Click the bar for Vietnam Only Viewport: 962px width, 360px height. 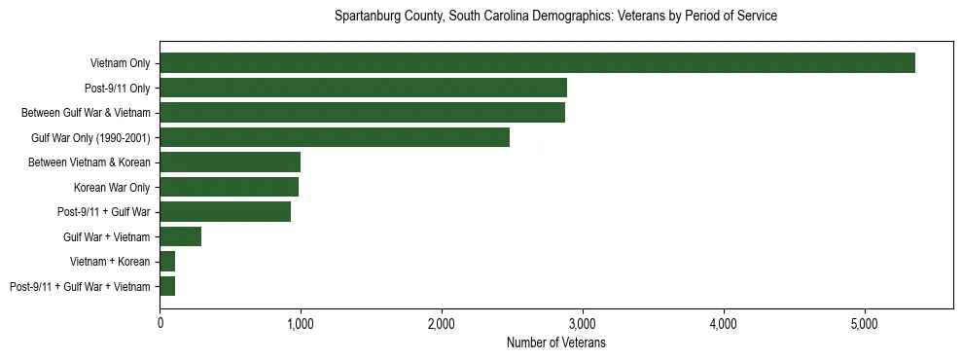click(x=537, y=63)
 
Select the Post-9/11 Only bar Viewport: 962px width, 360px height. click(x=363, y=88)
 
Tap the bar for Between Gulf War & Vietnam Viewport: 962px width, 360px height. click(x=362, y=113)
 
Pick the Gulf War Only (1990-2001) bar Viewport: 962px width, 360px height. click(x=335, y=137)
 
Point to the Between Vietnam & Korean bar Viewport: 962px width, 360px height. click(x=230, y=162)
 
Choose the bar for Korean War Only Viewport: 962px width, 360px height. click(x=229, y=187)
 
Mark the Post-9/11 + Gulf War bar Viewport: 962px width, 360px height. click(x=225, y=212)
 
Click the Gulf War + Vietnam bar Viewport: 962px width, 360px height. click(x=180, y=236)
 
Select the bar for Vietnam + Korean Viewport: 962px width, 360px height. click(x=167, y=262)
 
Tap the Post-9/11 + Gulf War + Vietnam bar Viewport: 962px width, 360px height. click(x=167, y=286)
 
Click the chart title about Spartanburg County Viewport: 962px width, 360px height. click(x=555, y=17)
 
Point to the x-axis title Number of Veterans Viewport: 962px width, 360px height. click(x=555, y=342)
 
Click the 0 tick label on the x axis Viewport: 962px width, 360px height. click(x=160, y=323)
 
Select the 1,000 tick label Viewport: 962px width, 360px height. click(x=301, y=323)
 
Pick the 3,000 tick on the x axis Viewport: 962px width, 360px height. click(x=583, y=323)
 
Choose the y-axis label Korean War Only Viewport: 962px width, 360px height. click(x=112, y=187)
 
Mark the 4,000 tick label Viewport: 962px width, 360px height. click(x=724, y=323)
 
